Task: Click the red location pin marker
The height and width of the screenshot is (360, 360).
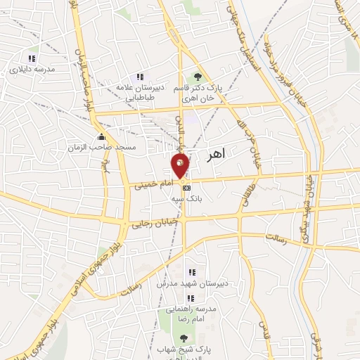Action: click(181, 165)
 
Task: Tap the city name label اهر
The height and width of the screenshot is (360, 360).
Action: click(215, 155)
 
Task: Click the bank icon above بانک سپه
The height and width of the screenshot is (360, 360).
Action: click(186, 188)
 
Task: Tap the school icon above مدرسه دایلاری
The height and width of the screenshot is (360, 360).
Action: click(31, 58)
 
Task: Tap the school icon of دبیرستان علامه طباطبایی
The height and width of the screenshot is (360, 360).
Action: click(140, 77)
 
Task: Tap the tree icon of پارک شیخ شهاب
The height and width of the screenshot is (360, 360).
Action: click(184, 339)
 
